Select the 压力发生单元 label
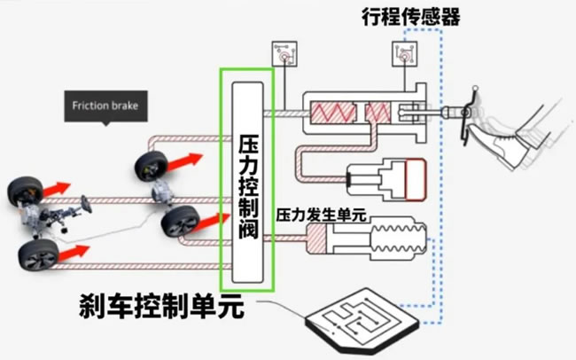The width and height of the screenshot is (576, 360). click(321, 215)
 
